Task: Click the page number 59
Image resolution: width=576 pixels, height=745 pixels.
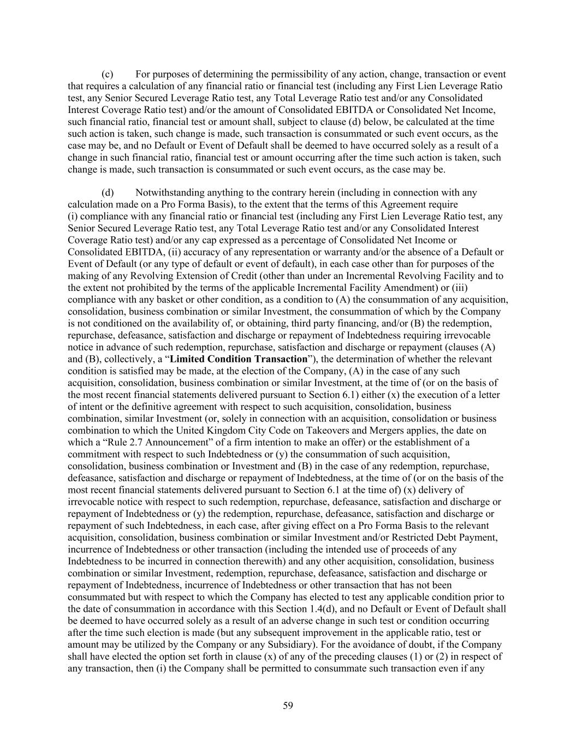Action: pos(288,706)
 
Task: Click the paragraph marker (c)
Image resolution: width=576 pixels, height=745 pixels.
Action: pos(108,74)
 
